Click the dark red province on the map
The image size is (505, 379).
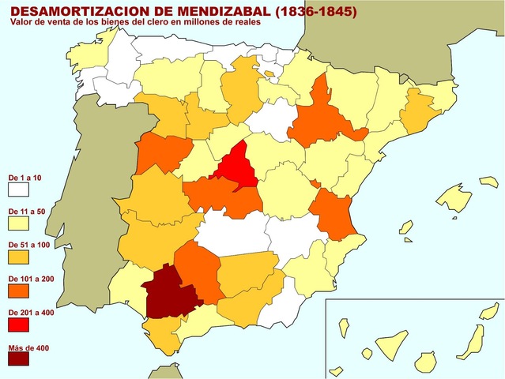point(168,290)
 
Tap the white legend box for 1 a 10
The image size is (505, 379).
point(18,189)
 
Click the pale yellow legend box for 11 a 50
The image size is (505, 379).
point(18,223)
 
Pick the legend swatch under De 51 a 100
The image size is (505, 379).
point(18,257)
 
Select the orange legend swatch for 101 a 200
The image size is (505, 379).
point(18,291)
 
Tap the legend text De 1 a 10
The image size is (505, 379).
point(24,178)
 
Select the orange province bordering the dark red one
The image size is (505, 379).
point(198,269)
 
